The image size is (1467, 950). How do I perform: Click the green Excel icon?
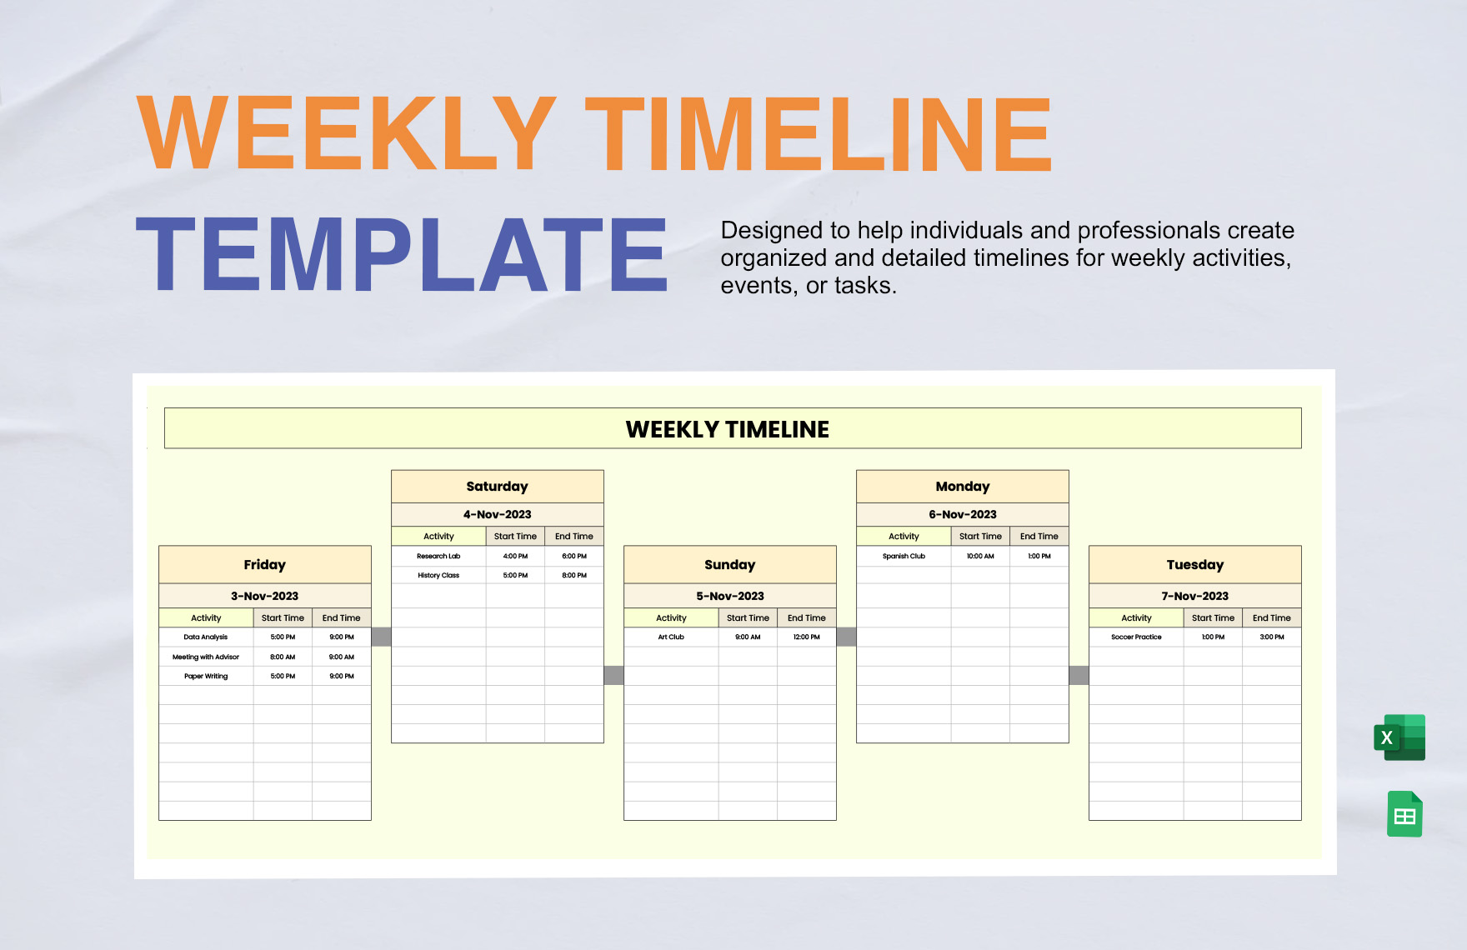click(1399, 737)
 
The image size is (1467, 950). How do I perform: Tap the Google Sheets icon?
click(1404, 814)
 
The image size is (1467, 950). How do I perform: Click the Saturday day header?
click(497, 487)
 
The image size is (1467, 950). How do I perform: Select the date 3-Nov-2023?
click(264, 596)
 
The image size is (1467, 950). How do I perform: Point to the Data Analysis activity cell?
click(206, 637)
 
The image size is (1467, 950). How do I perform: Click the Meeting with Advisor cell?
click(206, 657)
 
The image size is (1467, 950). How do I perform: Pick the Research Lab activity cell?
click(438, 556)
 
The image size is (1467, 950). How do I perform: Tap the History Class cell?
click(438, 575)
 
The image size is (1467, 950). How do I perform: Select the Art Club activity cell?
click(671, 637)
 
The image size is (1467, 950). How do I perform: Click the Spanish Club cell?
click(904, 556)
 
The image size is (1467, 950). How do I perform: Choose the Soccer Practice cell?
click(1136, 637)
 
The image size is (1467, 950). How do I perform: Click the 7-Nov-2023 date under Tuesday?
click(1194, 596)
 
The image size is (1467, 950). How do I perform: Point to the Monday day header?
click(962, 487)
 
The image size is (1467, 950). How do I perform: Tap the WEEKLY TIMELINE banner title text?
click(727, 429)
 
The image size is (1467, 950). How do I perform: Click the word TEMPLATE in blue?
click(402, 254)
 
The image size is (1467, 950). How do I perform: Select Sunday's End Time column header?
click(806, 618)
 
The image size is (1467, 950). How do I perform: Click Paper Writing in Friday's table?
click(206, 676)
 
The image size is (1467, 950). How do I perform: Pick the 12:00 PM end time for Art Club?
click(806, 637)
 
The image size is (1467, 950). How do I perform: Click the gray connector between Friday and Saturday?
click(381, 637)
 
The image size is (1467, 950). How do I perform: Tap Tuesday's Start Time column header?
click(1213, 618)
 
